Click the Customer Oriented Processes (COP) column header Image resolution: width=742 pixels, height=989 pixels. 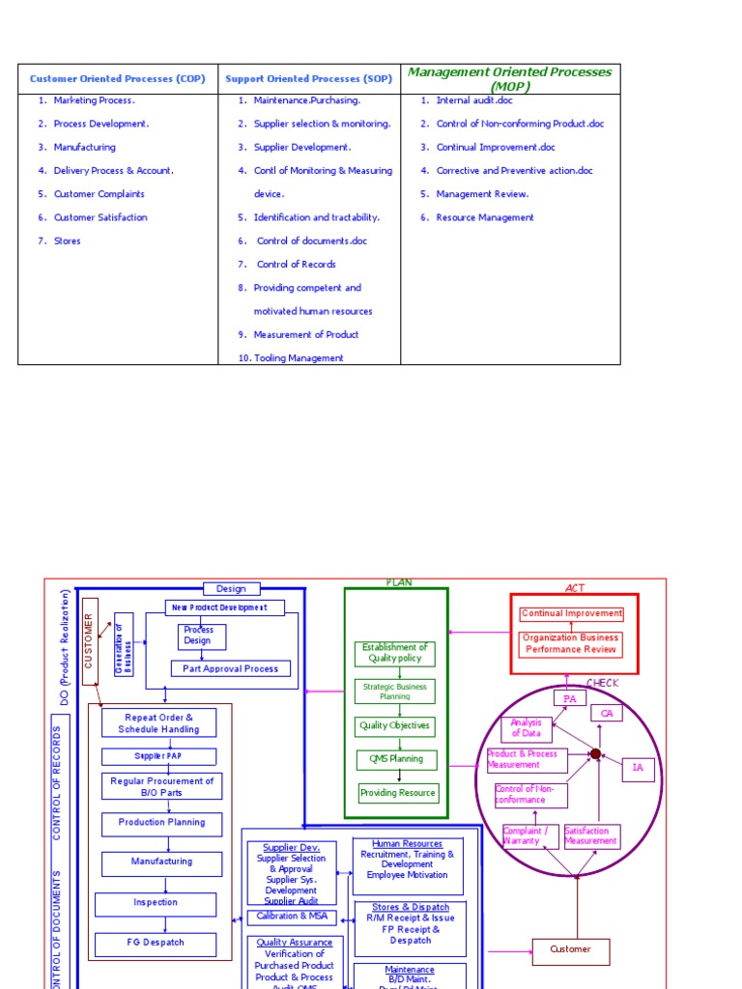[x=118, y=79]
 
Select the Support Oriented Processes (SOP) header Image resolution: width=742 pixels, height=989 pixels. [x=308, y=79]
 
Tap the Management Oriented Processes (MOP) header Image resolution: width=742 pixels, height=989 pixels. [x=510, y=78]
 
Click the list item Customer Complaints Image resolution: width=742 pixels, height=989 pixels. [x=99, y=194]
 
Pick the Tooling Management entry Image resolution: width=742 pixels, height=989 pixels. [x=298, y=358]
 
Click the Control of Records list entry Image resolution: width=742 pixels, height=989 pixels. [x=296, y=265]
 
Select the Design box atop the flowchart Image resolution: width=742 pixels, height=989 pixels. [x=231, y=588]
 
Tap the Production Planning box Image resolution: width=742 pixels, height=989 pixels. [x=161, y=823]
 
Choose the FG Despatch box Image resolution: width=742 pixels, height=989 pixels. [x=155, y=943]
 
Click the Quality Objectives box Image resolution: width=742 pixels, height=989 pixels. [x=395, y=725]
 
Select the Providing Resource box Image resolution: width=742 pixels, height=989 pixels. [x=398, y=793]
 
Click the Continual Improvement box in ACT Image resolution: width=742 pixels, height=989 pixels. [x=572, y=613]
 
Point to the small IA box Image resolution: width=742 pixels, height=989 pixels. [x=638, y=768]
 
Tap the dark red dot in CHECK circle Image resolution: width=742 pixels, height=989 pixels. [x=596, y=754]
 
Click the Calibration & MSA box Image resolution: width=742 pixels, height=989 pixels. [x=292, y=917]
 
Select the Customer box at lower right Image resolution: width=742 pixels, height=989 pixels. [x=571, y=949]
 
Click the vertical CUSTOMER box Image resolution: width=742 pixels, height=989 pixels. [x=90, y=641]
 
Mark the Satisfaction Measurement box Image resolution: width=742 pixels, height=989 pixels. [x=591, y=835]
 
